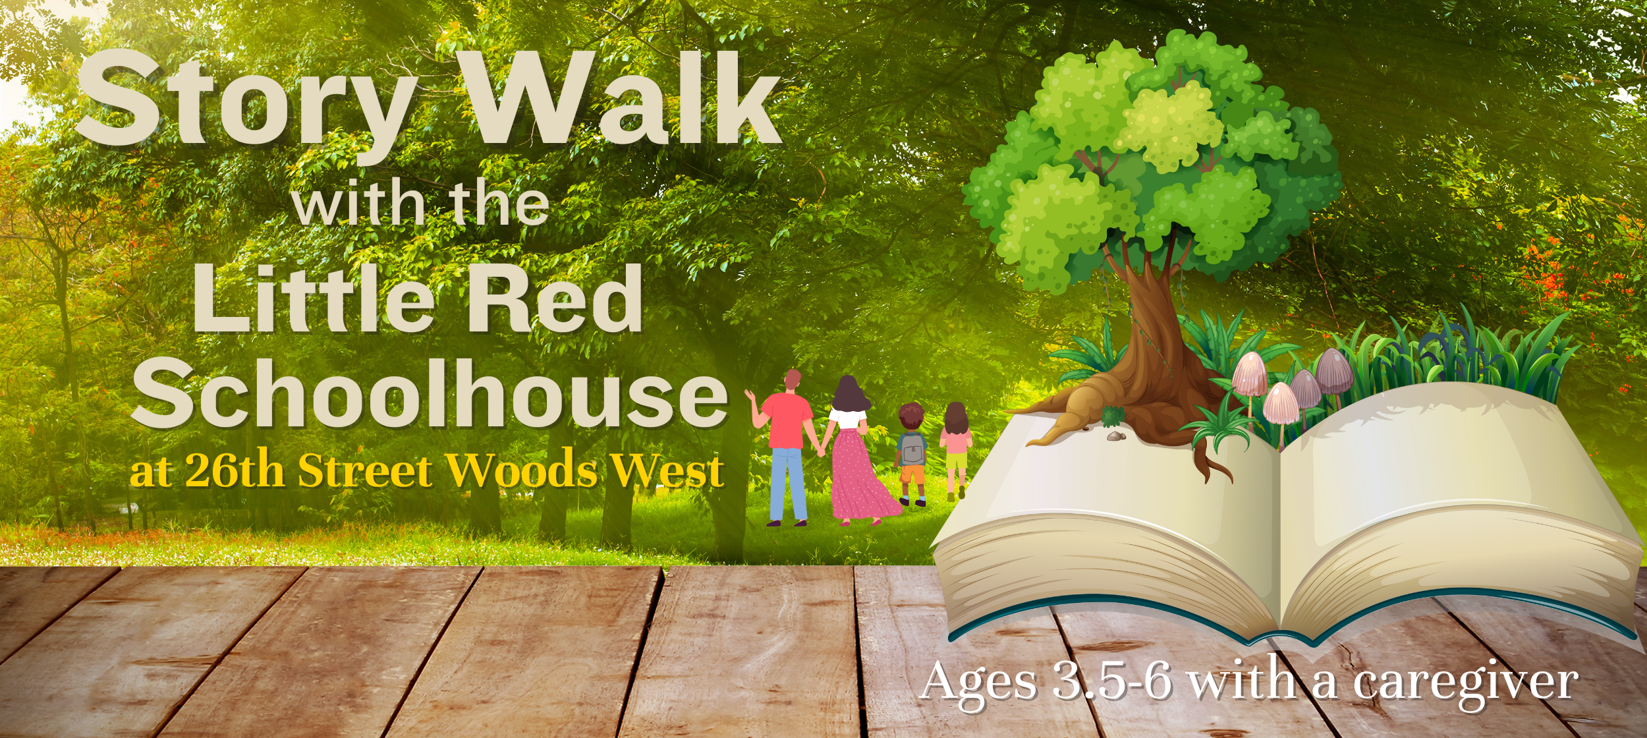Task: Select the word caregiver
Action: point(1465,683)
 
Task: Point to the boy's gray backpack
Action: point(912,449)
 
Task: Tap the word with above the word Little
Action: point(359,204)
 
